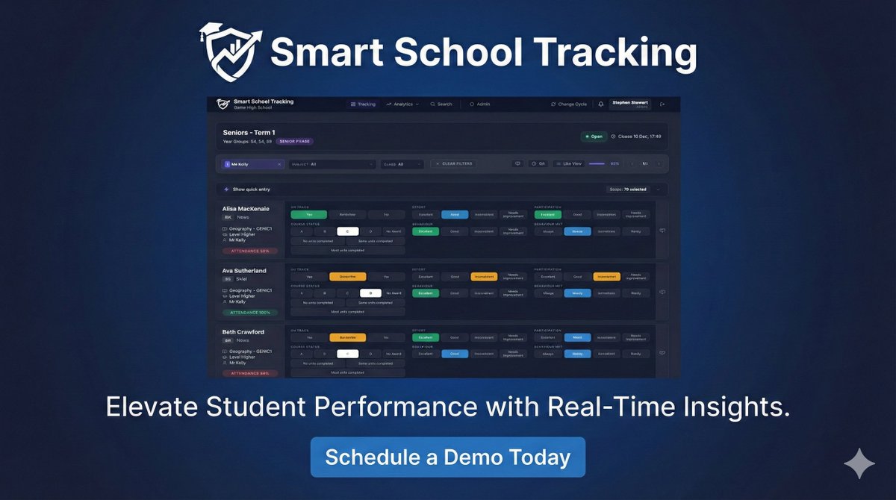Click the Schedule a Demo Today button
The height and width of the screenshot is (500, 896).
click(x=447, y=457)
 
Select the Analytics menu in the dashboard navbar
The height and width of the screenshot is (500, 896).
click(x=403, y=104)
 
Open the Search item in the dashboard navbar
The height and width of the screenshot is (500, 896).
click(x=441, y=104)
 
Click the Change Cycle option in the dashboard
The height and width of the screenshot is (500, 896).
click(x=569, y=104)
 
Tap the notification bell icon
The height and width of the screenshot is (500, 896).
click(x=601, y=104)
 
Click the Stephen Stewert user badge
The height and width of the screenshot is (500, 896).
click(x=630, y=104)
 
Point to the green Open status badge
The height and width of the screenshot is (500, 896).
click(x=593, y=137)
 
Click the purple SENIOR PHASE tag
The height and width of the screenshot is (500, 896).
click(x=294, y=141)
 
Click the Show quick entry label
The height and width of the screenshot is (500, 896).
click(x=251, y=190)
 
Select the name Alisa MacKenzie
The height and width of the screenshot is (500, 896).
click(x=246, y=208)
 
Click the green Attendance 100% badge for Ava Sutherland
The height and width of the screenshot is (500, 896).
click(x=250, y=312)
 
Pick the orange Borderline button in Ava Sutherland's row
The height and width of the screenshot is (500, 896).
click(x=347, y=276)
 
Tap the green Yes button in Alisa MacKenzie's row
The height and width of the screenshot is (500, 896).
click(x=308, y=214)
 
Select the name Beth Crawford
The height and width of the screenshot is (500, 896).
click(x=243, y=332)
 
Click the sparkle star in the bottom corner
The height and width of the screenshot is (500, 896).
click(x=859, y=463)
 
